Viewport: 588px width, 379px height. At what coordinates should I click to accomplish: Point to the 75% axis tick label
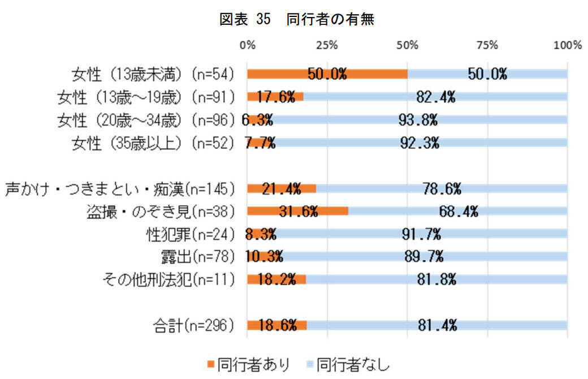[487, 45]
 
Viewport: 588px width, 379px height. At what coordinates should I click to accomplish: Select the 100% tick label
[567, 45]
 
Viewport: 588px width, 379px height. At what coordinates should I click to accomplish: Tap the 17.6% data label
[275, 97]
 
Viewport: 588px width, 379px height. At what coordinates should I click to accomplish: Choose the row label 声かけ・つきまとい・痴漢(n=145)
[120, 188]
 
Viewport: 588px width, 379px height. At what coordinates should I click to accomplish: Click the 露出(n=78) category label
[197, 256]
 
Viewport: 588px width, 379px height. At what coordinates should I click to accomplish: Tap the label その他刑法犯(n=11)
[167, 279]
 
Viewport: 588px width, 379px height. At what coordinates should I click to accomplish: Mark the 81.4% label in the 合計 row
[438, 325]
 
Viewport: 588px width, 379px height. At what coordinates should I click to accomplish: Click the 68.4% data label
[459, 211]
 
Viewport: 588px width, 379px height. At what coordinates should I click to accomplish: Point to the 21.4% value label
[281, 188]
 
